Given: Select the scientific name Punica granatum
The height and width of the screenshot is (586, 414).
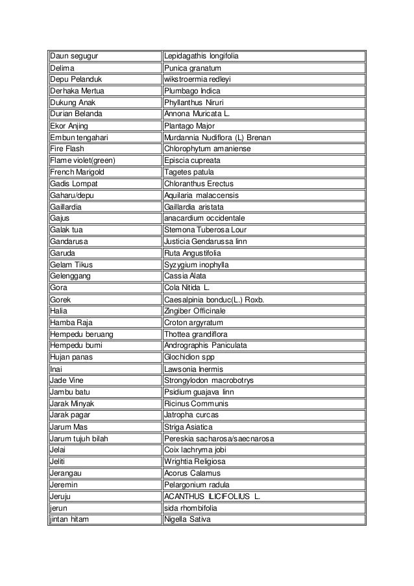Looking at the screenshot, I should pos(193,68).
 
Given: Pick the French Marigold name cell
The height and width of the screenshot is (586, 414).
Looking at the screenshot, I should pos(77,172).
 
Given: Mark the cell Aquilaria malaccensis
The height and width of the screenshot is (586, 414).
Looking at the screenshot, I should pos(202,195).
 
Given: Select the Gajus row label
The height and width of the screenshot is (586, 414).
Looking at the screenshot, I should pos(60,219).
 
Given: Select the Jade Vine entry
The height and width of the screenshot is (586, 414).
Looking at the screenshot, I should pos(66,380).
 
